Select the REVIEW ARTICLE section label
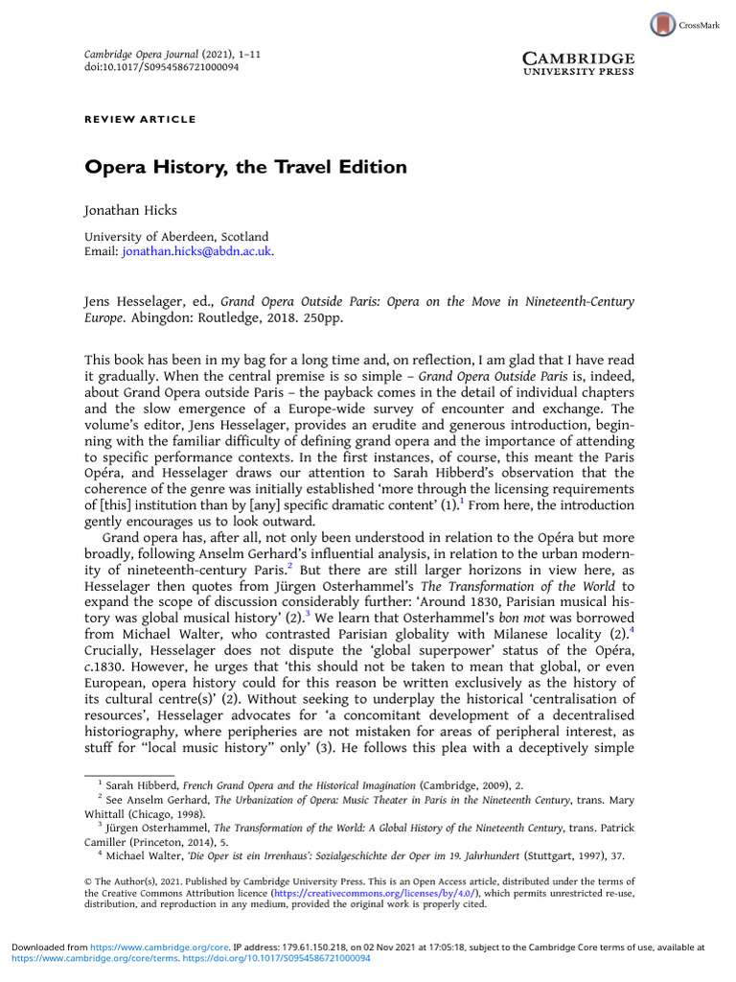point(140,119)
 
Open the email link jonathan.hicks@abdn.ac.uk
point(196,251)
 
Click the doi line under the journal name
point(162,68)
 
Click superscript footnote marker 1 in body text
point(461,500)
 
